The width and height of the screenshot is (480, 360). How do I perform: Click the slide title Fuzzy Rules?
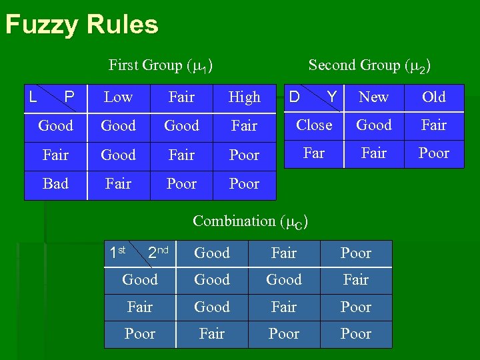coord(81,25)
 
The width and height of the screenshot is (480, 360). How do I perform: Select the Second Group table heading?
coord(369,65)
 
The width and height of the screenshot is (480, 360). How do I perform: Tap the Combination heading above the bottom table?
coord(250,221)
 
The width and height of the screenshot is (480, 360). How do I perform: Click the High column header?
coord(244,97)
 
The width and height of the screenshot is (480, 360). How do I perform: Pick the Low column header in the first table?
coord(118,97)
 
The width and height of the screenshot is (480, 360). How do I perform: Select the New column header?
coord(373,97)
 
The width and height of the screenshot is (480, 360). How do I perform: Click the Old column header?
coord(433,97)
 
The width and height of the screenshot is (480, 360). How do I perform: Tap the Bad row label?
coord(55,184)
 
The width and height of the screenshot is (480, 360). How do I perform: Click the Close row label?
coord(314,125)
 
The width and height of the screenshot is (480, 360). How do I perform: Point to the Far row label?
coord(314,153)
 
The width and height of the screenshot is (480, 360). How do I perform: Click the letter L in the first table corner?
coord(32,98)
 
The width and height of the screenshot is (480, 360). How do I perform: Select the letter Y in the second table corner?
coord(331,98)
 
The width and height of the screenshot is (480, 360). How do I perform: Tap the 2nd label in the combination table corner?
coord(157,253)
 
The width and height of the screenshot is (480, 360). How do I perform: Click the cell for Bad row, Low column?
coord(118,184)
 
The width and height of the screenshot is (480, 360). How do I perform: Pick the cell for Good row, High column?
coord(244,126)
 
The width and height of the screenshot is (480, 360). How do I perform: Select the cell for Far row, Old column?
coord(433,153)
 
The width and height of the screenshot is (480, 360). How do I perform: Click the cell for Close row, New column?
coord(373,125)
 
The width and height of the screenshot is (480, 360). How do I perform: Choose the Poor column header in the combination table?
coord(355,253)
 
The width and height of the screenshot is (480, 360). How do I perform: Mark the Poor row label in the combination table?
coord(140,334)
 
